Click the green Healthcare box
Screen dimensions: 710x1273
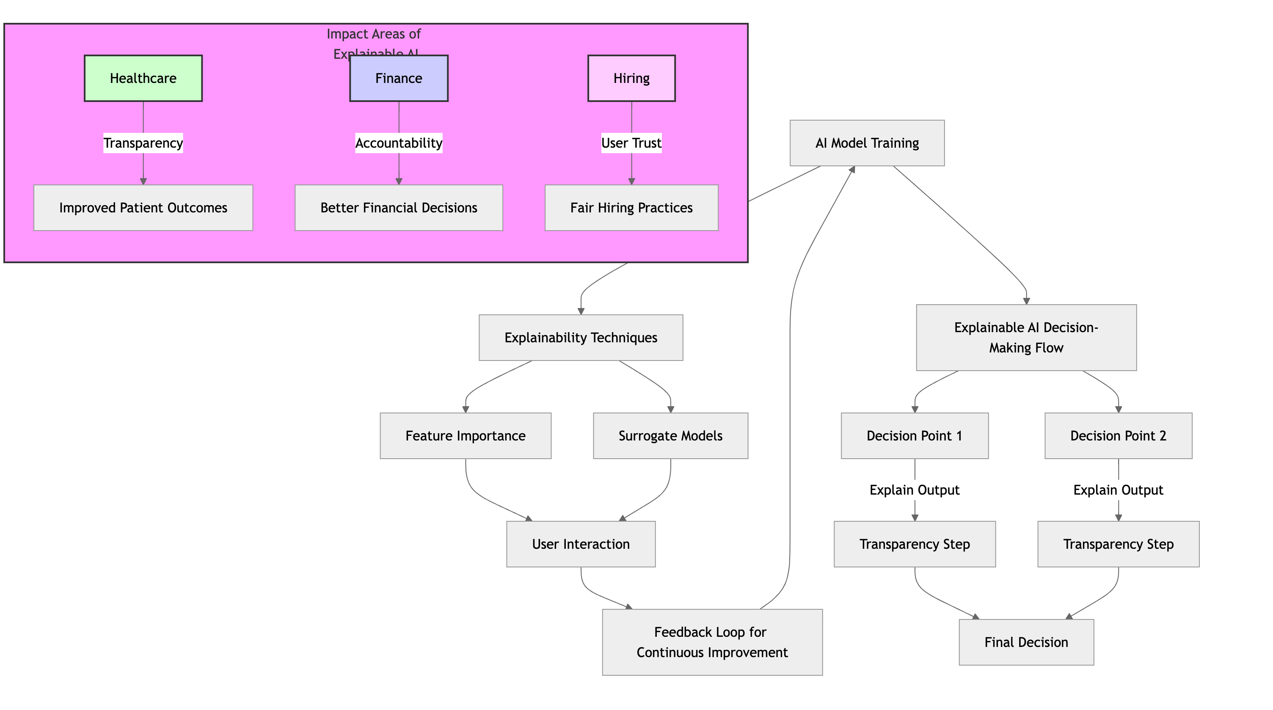tap(143, 78)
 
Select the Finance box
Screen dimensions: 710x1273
tap(398, 78)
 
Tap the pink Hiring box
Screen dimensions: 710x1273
tap(631, 78)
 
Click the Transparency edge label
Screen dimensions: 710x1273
tap(143, 143)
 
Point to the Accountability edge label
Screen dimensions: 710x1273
tap(398, 143)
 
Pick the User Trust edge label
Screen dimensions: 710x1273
tap(631, 143)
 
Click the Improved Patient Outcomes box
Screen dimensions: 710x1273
tap(143, 207)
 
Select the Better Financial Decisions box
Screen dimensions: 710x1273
tap(398, 207)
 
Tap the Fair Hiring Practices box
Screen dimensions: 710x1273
tap(631, 207)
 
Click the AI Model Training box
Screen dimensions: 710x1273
tap(867, 143)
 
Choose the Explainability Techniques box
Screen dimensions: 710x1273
tap(581, 338)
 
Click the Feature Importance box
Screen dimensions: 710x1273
tap(465, 436)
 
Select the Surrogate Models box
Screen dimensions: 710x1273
tap(670, 436)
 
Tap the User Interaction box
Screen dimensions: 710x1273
tap(581, 544)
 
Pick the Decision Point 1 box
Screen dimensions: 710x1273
tap(914, 436)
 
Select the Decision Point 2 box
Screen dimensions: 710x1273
tap(1118, 436)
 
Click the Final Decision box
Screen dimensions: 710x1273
tap(1026, 642)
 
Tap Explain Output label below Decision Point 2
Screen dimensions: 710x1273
tap(1118, 490)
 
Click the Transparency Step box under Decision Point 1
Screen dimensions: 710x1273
tap(914, 544)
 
